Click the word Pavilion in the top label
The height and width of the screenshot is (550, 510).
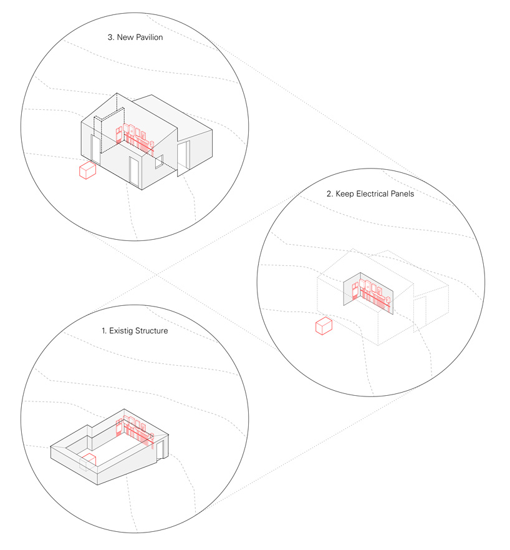coord(150,37)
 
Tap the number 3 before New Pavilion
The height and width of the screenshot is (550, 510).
coord(110,37)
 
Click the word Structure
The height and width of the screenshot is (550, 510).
coord(152,331)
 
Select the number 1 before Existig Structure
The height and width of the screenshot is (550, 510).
coord(103,331)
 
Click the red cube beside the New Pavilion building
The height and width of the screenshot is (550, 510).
coord(87,171)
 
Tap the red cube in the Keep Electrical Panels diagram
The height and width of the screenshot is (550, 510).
coord(324,327)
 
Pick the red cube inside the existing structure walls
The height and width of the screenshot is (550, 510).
coord(89,460)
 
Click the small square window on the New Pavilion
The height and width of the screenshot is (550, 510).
coord(160,161)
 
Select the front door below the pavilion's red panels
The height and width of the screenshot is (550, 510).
coord(134,172)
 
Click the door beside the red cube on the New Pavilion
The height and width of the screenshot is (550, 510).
coord(95,149)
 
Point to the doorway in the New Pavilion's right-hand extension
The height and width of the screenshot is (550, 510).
coord(183,156)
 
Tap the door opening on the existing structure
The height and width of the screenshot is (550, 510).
coord(160,450)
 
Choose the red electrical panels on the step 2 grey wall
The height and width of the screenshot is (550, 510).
coord(371,294)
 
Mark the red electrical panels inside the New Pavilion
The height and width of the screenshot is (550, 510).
coord(135,139)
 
